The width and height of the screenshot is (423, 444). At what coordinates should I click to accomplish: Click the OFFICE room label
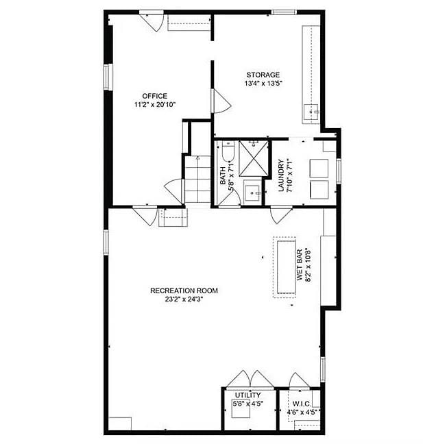pyautogui.click(x=154, y=96)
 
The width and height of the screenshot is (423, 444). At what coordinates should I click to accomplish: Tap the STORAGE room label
pyautogui.click(x=263, y=75)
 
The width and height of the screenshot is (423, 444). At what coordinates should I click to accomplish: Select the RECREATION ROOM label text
pyautogui.click(x=184, y=291)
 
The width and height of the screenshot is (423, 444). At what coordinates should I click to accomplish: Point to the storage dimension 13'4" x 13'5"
pyautogui.click(x=263, y=84)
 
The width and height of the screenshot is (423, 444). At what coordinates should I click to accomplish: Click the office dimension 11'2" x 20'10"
pyautogui.click(x=155, y=104)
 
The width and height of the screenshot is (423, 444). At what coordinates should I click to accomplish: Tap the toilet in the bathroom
pyautogui.click(x=228, y=151)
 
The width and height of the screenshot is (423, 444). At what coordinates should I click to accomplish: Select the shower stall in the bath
pyautogui.click(x=254, y=158)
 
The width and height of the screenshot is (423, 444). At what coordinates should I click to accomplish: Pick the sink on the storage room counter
pyautogui.click(x=311, y=112)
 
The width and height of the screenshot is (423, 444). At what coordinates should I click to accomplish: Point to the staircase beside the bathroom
pyautogui.click(x=197, y=180)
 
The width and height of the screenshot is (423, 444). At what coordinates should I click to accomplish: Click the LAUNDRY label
pyautogui.click(x=281, y=175)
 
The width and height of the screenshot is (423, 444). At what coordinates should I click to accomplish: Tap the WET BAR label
pyautogui.click(x=300, y=264)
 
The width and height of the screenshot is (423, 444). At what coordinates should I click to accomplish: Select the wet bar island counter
pyautogui.click(x=287, y=267)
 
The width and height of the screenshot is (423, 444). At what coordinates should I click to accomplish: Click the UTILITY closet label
pyautogui.click(x=248, y=395)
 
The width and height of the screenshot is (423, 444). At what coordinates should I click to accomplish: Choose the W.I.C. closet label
pyautogui.click(x=302, y=404)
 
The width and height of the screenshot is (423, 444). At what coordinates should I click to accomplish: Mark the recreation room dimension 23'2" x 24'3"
pyautogui.click(x=184, y=299)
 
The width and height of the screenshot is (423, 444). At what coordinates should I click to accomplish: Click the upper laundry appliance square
pyautogui.click(x=319, y=168)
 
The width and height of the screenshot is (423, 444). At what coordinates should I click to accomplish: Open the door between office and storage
pyautogui.click(x=221, y=101)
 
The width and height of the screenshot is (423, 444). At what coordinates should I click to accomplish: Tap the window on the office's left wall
pyautogui.click(x=106, y=77)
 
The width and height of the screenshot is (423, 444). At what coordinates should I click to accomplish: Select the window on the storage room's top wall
pyautogui.click(x=284, y=12)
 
